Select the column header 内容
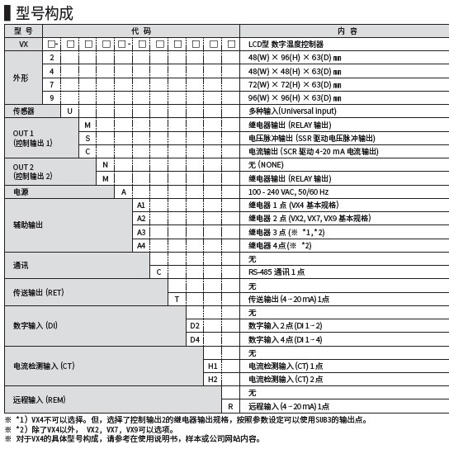click(x=346, y=31)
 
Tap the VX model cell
click(x=23, y=43)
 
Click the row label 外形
click(x=21, y=77)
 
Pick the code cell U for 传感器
click(x=69, y=111)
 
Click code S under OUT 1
click(x=87, y=138)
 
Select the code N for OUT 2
click(x=105, y=164)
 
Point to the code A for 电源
click(x=123, y=191)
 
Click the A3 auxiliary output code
click(x=140, y=232)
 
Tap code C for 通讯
click(x=158, y=272)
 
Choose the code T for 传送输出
click(x=177, y=299)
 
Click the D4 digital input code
click(x=195, y=339)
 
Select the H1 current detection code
click(x=213, y=366)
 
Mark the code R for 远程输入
click(x=230, y=406)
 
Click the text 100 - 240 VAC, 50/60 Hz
click(x=294, y=191)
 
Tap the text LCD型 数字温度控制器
click(x=286, y=43)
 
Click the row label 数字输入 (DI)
click(x=35, y=326)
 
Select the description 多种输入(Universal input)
click(x=293, y=111)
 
